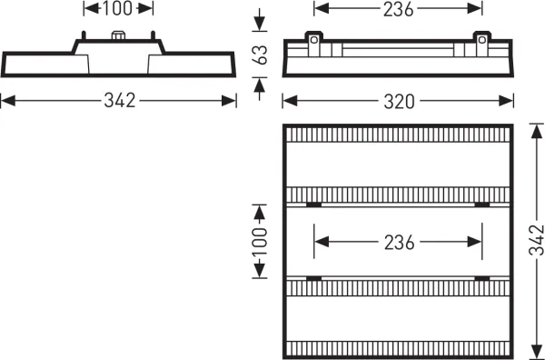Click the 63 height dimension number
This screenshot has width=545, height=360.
pyautogui.click(x=260, y=55)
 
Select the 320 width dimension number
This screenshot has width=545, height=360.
pyautogui.click(x=399, y=102)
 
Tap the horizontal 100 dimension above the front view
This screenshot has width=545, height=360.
pyautogui.click(x=118, y=8)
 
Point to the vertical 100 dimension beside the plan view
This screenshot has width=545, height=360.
pyautogui.click(x=260, y=242)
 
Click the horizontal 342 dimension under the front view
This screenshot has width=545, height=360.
pyautogui.click(x=120, y=101)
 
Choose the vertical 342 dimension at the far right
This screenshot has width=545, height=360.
pyautogui.click(x=537, y=240)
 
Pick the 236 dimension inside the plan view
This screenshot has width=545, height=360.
pyautogui.click(x=399, y=242)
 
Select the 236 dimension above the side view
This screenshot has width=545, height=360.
pyautogui.click(x=399, y=9)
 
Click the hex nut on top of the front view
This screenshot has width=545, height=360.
pyautogui.click(x=118, y=35)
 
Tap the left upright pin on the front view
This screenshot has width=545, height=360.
pyautogui.click(x=84, y=35)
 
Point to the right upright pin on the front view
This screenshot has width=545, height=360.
pyautogui.click(x=153, y=35)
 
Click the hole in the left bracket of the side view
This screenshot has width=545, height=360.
pyautogui.click(x=314, y=40)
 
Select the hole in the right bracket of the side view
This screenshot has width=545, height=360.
pyautogui.click(x=482, y=40)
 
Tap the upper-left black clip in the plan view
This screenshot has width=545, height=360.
pyautogui.click(x=314, y=205)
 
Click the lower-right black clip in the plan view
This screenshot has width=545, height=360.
pyautogui.click(x=482, y=278)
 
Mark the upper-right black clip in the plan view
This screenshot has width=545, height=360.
pyautogui.click(x=482, y=205)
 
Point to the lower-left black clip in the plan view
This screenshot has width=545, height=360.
pyautogui.click(x=314, y=278)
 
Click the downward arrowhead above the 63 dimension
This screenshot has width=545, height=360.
pyautogui.click(x=259, y=24)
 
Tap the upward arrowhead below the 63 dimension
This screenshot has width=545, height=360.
pyautogui.click(x=259, y=85)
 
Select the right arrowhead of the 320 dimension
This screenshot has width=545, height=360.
pyautogui.click(x=506, y=101)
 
